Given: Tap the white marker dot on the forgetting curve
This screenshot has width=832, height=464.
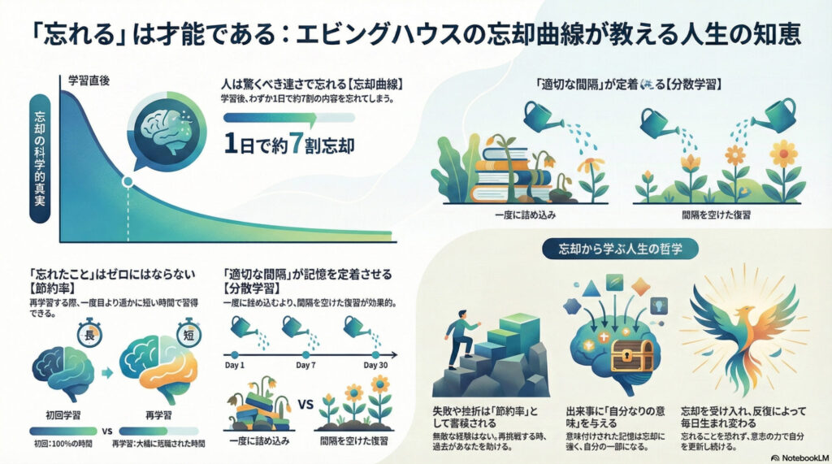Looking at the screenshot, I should [127, 182].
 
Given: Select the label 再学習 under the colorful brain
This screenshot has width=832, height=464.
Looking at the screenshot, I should [158, 413].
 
